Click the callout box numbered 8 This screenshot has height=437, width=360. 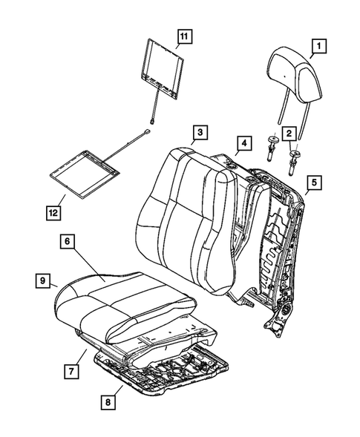tap(111, 402)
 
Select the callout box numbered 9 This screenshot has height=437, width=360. tap(44, 280)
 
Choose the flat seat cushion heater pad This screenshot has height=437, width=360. tap(88, 176)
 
